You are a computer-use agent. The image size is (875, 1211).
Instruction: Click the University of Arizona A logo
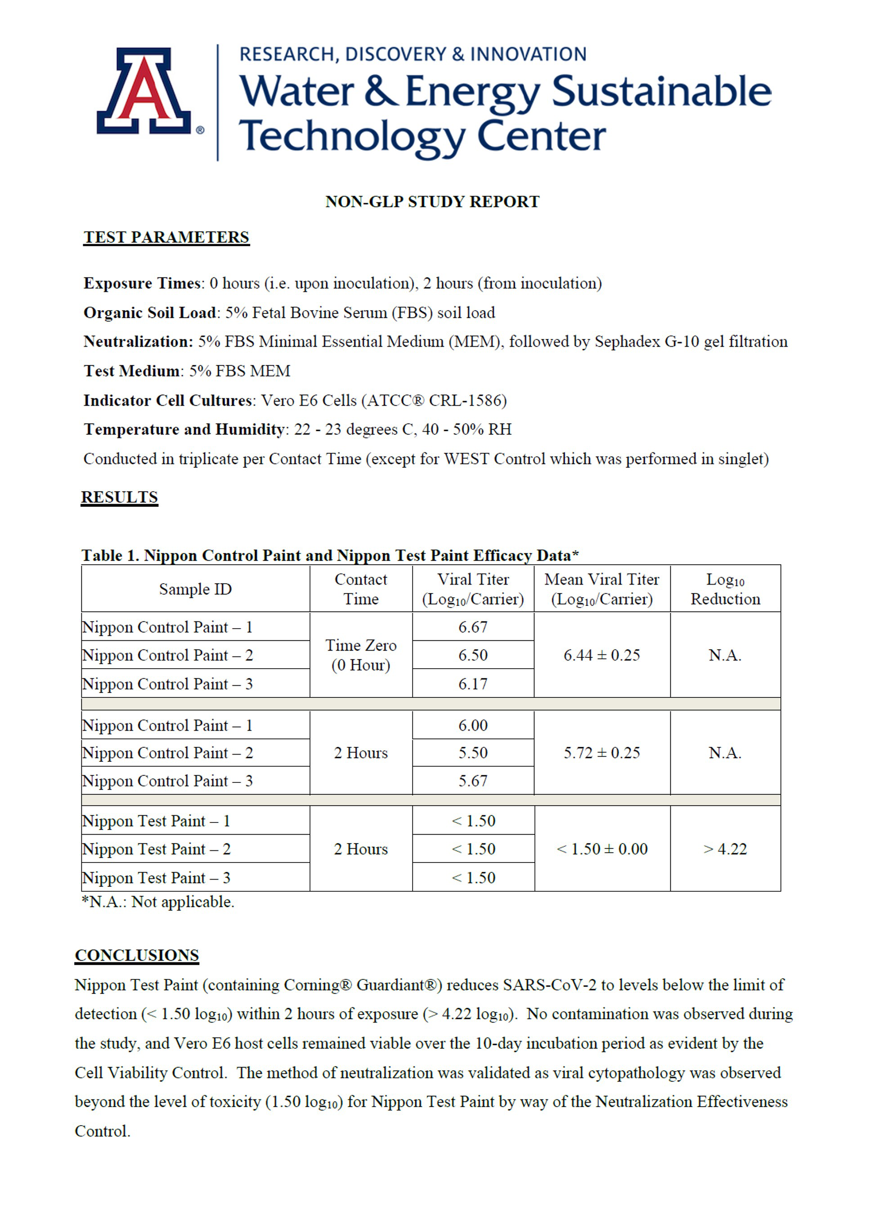click(144, 91)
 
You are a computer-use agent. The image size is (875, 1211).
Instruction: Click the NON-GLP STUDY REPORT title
click(432, 202)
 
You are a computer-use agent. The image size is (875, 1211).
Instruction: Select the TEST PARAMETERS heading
click(166, 237)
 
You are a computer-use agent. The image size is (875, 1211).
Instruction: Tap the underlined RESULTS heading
click(119, 496)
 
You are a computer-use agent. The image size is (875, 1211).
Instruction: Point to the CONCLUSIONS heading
click(137, 955)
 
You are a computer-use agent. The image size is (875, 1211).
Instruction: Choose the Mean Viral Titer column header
click(601, 589)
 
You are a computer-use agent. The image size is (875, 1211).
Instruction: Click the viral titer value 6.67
click(473, 627)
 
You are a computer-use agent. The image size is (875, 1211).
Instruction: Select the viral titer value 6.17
click(473, 684)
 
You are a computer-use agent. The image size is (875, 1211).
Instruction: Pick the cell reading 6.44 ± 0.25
click(601, 655)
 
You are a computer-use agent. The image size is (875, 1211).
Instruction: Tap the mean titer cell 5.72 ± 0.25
click(601, 753)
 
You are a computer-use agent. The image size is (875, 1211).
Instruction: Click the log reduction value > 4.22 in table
click(725, 849)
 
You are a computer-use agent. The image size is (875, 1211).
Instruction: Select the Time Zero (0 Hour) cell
click(361, 655)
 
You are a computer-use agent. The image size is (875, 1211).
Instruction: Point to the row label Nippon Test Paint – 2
click(156, 849)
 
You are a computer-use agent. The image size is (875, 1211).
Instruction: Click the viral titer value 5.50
click(473, 753)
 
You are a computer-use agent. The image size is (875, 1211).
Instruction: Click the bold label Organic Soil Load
click(149, 313)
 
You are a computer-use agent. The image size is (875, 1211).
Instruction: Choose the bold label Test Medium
click(131, 371)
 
